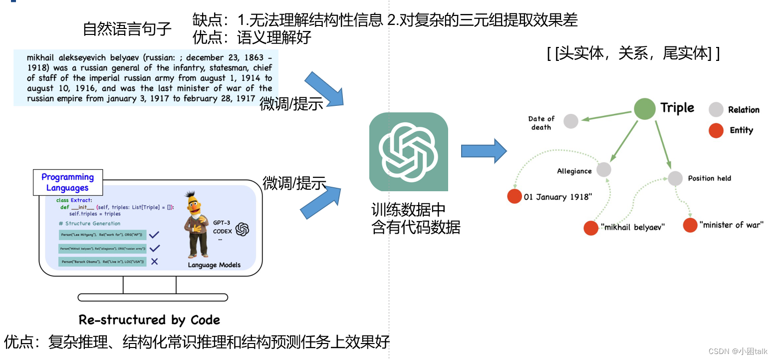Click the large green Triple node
coord(644,109)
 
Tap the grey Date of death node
coord(571,121)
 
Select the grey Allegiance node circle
coord(603,169)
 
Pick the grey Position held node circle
coord(675,178)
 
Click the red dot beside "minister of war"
coord(690,225)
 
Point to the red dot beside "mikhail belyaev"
coord(591,228)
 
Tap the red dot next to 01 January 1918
coord(514,197)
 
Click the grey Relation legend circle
coord(716,110)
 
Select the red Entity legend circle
coord(716,131)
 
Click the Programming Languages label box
coord(67,182)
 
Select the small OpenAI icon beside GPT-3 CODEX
coord(242,229)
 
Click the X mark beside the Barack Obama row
coord(154,261)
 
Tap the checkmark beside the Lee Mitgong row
coord(154,235)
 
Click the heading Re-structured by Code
coord(149,320)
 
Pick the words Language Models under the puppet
coord(214,265)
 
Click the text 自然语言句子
coord(127,29)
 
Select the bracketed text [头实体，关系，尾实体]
coord(633,53)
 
